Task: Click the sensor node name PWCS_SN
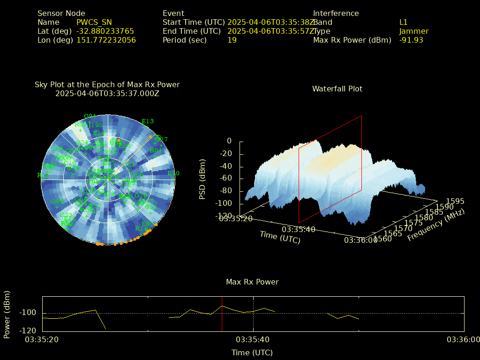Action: tap(94, 22)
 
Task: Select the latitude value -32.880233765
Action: tap(105, 31)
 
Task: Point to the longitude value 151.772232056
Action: tap(106, 40)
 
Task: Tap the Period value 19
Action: tap(232, 40)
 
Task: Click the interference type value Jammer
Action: tap(413, 31)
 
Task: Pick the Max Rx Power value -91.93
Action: tap(411, 40)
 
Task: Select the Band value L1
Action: tap(403, 22)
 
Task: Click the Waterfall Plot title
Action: tap(337, 89)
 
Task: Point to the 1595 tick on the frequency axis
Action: tap(455, 201)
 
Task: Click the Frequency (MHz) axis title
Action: tap(436, 225)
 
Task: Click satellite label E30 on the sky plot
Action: tap(173, 173)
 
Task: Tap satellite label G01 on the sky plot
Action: tap(90, 116)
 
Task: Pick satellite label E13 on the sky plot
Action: tap(148, 121)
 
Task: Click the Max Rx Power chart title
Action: tap(252, 282)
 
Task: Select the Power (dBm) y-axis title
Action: tap(7, 314)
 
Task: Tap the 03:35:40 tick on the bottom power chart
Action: tap(253, 339)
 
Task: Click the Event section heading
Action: tap(173, 13)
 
